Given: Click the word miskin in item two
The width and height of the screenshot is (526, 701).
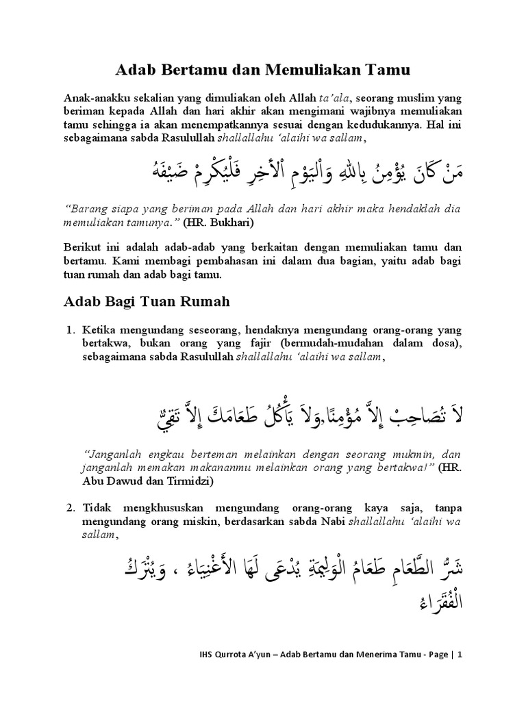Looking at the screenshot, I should point(193,524).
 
